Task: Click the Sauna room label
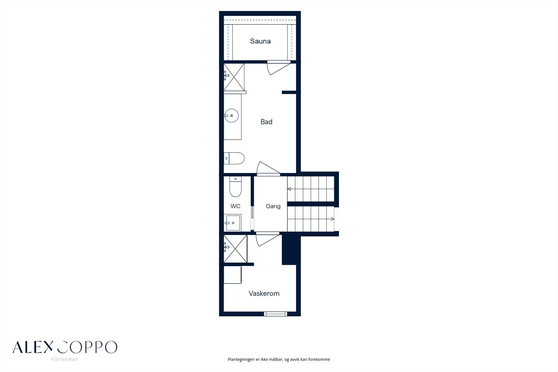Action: pyautogui.click(x=260, y=41)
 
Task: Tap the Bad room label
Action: pyautogui.click(x=266, y=122)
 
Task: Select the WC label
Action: pyautogui.click(x=235, y=206)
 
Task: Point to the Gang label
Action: pyautogui.click(x=273, y=206)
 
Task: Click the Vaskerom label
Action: pyautogui.click(x=264, y=293)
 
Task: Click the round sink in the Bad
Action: pyautogui.click(x=232, y=116)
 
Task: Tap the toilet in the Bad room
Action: pyautogui.click(x=234, y=158)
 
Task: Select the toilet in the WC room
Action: pyautogui.click(x=235, y=187)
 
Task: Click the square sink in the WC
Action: pyautogui.click(x=232, y=223)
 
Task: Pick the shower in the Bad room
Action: pyautogui.click(x=234, y=77)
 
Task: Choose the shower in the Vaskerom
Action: pyautogui.click(x=235, y=248)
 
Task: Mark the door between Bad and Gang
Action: pyautogui.click(x=268, y=169)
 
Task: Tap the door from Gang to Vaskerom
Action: pyautogui.click(x=267, y=239)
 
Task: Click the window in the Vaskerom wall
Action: pyautogui.click(x=276, y=314)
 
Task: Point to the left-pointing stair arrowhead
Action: pyautogui.click(x=289, y=189)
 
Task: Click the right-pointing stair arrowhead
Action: pyautogui.click(x=332, y=219)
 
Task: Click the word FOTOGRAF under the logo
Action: pyautogui.click(x=65, y=359)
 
